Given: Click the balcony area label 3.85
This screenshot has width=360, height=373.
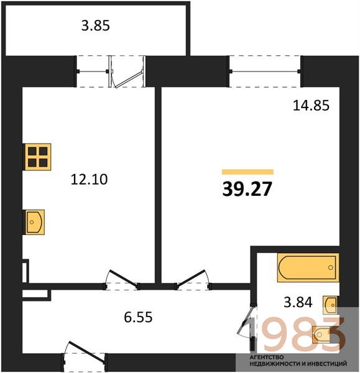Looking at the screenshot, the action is (x=95, y=25).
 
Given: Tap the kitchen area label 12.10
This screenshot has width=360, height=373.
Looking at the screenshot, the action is (x=90, y=180).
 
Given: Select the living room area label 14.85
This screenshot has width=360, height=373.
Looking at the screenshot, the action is (x=311, y=106).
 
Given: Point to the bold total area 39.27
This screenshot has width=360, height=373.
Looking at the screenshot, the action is (x=247, y=189).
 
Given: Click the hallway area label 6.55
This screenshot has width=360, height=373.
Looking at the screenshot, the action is (x=138, y=317).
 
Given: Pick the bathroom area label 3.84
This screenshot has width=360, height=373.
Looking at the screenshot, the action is (x=298, y=302).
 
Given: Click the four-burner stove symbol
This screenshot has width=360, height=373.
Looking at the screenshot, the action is (x=38, y=157).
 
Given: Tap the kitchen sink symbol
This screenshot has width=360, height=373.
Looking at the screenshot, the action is (x=35, y=222).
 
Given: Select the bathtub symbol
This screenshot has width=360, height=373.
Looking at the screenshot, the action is (x=308, y=267).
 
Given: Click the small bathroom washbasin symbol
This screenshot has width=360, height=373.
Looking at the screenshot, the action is (x=330, y=305).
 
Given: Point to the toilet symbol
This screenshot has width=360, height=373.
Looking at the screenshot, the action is (x=321, y=334).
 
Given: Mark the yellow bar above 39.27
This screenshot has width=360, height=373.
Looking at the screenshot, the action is (x=247, y=172).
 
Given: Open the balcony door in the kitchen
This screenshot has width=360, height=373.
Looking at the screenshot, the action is (x=127, y=71).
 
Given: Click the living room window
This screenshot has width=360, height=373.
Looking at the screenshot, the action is (x=265, y=71).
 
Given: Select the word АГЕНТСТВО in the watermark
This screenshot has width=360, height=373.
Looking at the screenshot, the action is (x=267, y=357).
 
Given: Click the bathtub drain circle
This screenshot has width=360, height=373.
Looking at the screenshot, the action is (x=331, y=267).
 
